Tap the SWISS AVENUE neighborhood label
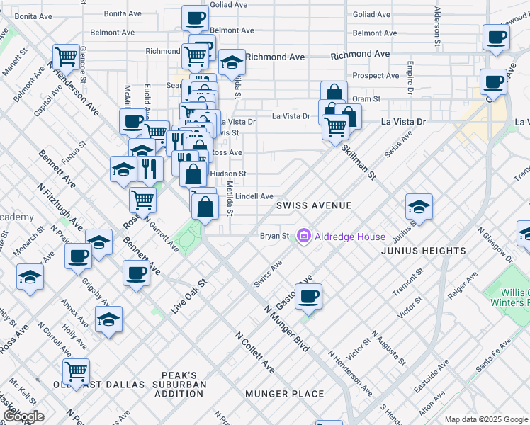(314, 205)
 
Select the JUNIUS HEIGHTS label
(423, 251)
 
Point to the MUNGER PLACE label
(284, 394)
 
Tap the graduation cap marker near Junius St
(419, 207)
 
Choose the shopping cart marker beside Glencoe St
(66, 56)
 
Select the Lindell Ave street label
(254, 196)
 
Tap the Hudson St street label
(228, 174)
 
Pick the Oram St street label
(367, 99)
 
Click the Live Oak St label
(188, 296)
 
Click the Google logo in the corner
(23, 416)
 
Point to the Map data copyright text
(485, 419)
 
